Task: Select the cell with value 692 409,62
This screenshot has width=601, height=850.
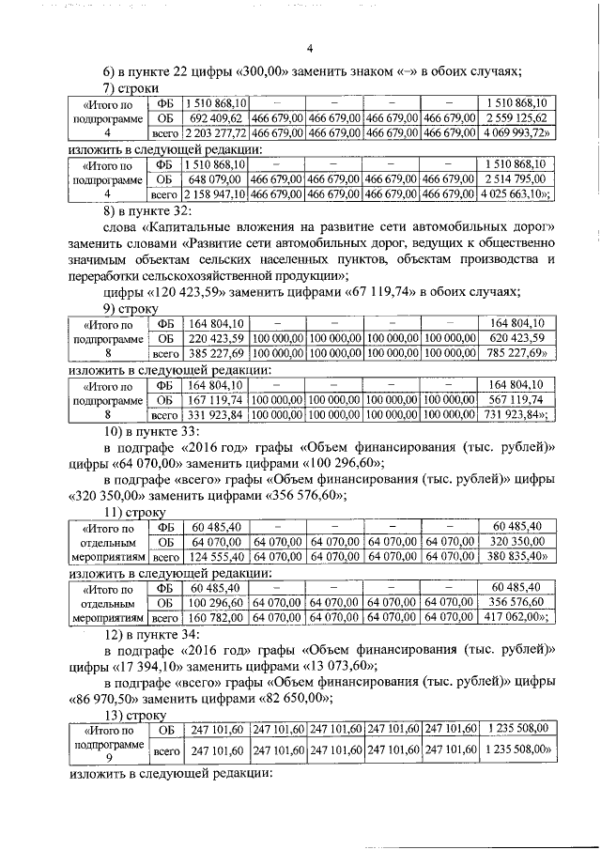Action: (216, 118)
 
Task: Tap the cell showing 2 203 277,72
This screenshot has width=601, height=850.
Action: (216, 134)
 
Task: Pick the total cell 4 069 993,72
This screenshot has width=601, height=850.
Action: (516, 134)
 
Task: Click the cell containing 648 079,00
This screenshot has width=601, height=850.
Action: (216, 178)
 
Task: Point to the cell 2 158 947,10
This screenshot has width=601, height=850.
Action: (216, 194)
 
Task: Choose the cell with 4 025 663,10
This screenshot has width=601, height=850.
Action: (516, 194)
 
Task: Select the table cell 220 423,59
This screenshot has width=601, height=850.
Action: (216, 339)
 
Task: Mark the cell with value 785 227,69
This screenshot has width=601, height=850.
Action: (516, 355)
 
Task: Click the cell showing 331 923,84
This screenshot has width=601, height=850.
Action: (216, 415)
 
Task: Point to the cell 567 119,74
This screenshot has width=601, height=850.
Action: (516, 399)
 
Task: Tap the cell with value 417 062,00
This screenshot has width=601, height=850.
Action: (516, 618)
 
